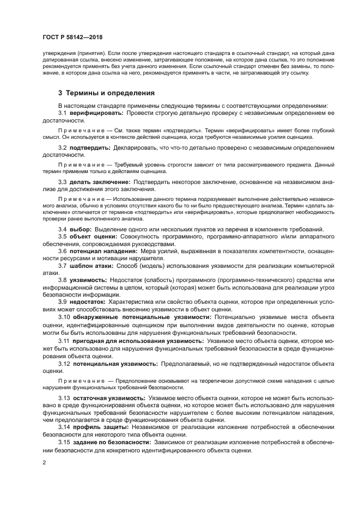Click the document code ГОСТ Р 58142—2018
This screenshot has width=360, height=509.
73,36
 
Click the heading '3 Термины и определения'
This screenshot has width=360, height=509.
107,92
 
